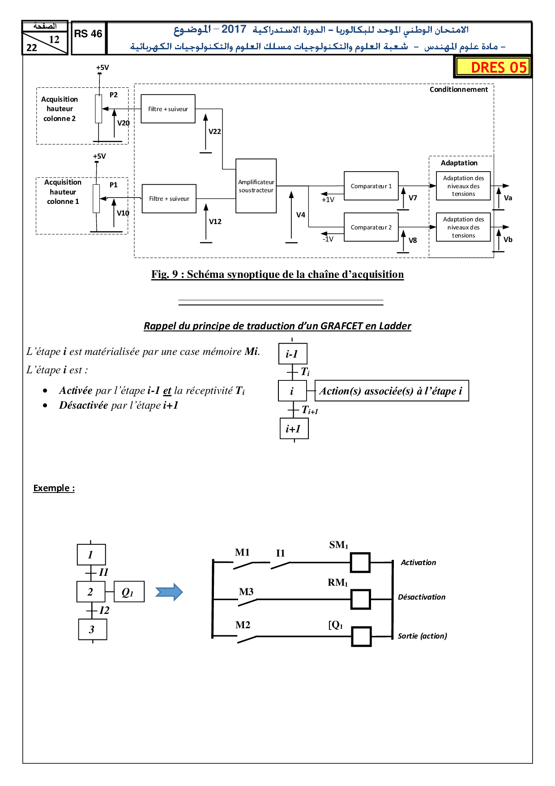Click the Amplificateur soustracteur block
point(256,186)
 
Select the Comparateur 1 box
point(371,186)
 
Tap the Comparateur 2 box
point(371,227)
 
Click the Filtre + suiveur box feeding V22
point(168,109)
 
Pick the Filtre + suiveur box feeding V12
point(169,199)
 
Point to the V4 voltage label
point(301,215)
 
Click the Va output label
point(508,198)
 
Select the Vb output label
point(508,240)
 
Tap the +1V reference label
point(328,200)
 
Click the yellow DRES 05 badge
point(493,67)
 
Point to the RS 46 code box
point(88,34)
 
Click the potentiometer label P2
point(114,95)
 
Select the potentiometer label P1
point(114,185)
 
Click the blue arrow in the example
point(169,592)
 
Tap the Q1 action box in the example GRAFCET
point(129,592)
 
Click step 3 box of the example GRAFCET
point(92,629)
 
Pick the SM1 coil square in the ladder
point(360,562)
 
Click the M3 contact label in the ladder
point(246,592)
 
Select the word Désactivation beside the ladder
point(422,597)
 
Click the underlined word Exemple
point(54,488)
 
